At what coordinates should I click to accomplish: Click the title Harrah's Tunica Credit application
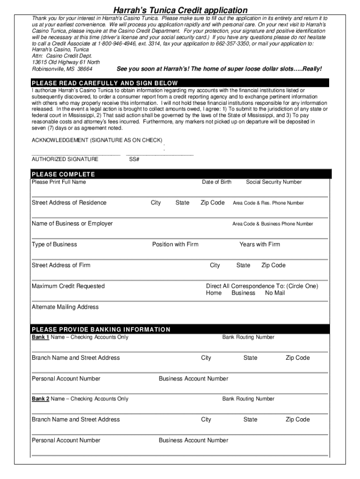pos(180,10)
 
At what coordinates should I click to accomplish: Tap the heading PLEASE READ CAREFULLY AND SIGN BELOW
pos(105,83)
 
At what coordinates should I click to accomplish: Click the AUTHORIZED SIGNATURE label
pos(65,159)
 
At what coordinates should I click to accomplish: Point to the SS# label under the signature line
pos(134,159)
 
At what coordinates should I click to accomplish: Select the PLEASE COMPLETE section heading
pos(63,174)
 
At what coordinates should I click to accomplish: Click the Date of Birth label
pos(216,182)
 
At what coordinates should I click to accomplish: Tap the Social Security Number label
pos(274,182)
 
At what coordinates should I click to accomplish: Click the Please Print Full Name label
pos(59,182)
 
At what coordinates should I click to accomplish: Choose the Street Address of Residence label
pos(69,203)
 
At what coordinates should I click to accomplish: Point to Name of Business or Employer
pos(72,224)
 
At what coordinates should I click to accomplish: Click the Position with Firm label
pos(175,244)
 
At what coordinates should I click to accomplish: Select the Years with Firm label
pos(260,244)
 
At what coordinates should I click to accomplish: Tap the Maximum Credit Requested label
pos(68,286)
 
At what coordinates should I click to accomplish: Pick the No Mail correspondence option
pos(275,293)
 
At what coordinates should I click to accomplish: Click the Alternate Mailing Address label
pos(65,307)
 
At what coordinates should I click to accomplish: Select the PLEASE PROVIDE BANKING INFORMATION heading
pos(101,329)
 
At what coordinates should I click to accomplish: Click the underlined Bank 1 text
pos(40,337)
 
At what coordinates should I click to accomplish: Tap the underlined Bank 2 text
pos(40,399)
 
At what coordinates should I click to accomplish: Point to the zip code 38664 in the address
pos(85,69)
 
